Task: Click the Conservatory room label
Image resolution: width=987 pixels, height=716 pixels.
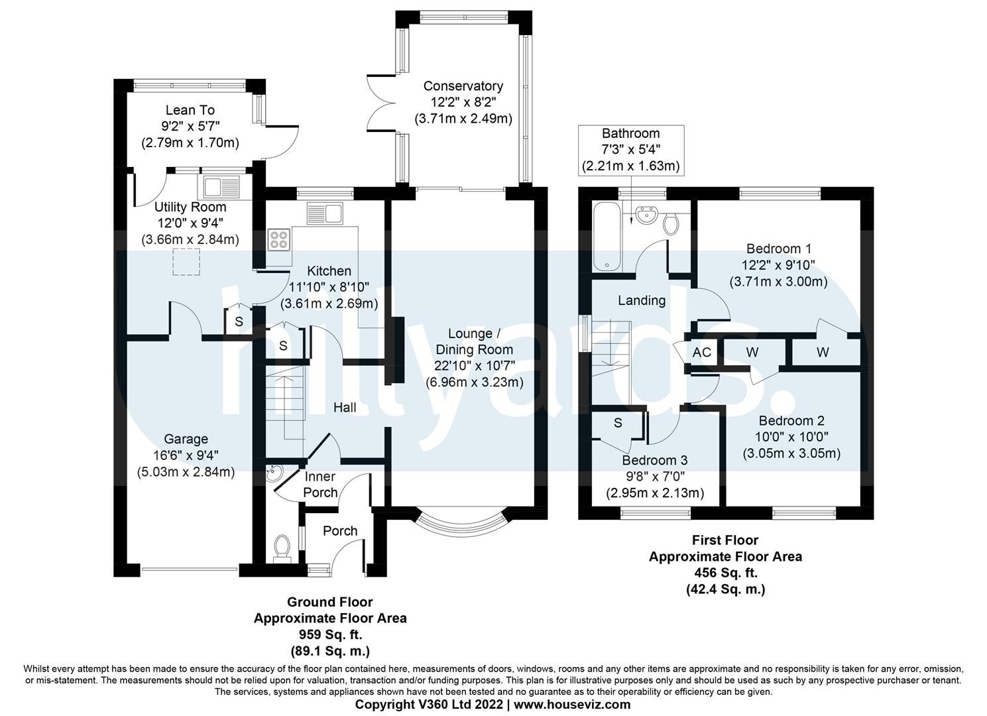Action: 463,86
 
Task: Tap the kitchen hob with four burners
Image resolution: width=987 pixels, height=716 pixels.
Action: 279,240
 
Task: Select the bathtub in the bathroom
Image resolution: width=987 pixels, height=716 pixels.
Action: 607,238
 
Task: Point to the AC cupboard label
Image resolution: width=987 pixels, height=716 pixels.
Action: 701,352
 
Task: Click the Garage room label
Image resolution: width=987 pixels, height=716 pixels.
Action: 186,439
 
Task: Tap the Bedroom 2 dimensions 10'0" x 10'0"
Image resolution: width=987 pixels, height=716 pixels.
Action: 791,437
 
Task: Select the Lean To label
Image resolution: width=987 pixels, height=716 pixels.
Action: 190,109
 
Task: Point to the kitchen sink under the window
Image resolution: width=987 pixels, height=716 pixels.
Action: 325,213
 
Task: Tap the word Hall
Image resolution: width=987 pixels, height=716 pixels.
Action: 345,408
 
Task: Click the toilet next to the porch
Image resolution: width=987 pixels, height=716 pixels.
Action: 282,548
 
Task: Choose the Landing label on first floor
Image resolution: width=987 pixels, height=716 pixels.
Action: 642,300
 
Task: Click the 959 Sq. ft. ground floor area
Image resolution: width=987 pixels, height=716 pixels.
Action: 331,634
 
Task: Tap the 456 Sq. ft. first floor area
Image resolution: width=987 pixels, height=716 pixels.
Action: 726,573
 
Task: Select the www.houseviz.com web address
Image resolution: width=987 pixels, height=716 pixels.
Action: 572,704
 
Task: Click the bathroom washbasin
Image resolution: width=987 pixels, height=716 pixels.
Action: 646,215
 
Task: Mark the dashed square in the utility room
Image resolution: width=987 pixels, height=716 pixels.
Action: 186,262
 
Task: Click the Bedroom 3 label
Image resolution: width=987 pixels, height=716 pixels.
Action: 655,460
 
